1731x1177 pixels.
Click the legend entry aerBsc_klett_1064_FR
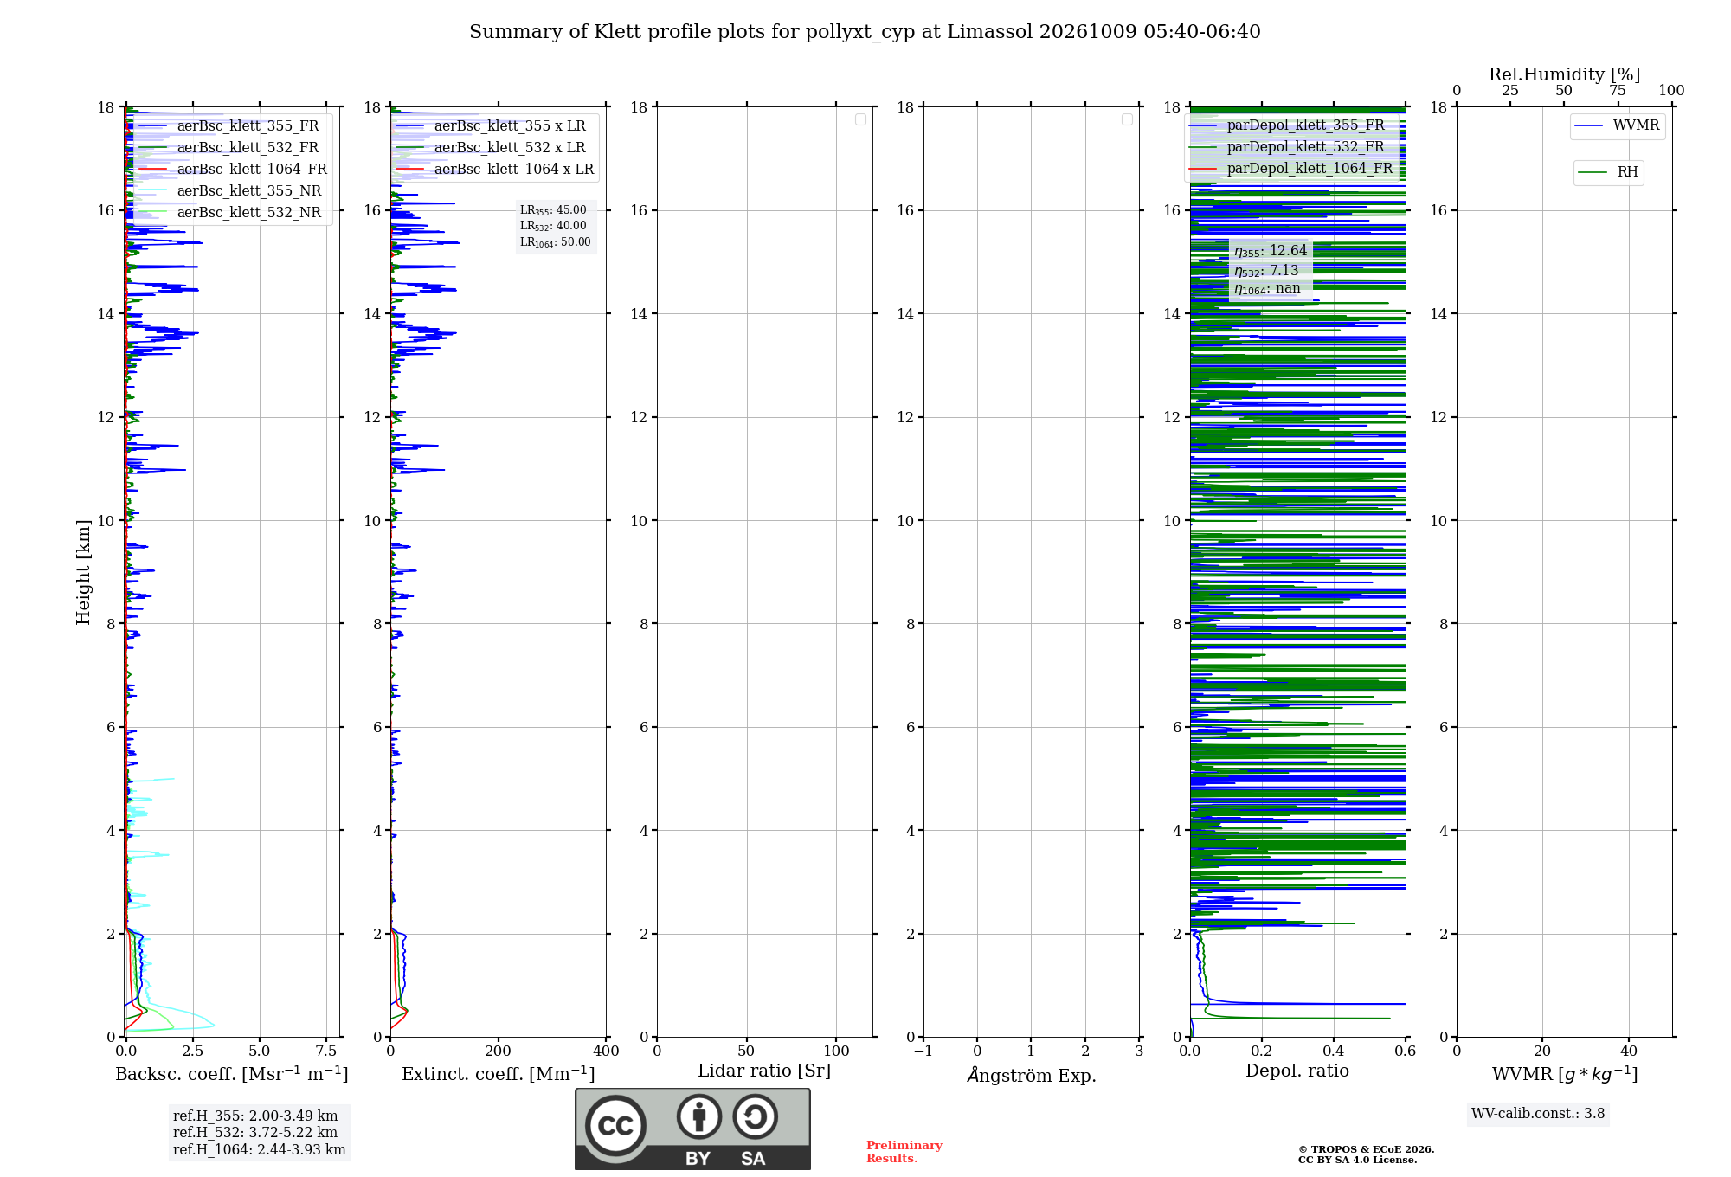point(232,170)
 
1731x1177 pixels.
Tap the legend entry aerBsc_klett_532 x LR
point(491,148)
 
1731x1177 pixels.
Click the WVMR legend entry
point(1617,125)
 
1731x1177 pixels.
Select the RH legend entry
point(1608,172)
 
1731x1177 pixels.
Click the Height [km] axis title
point(83,572)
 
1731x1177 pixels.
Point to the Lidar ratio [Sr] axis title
point(764,1071)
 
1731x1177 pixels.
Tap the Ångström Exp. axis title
point(1032,1075)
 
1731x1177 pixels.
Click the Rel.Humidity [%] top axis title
point(1565,74)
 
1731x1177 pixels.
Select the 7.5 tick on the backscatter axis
point(326,1052)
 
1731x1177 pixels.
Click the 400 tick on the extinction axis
point(606,1052)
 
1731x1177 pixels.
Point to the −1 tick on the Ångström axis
point(923,1052)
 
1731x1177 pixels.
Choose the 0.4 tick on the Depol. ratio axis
point(1334,1052)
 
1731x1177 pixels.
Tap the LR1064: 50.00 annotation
point(556,242)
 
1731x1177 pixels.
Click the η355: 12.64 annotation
point(1271,251)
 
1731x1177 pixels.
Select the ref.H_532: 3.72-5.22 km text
point(255,1133)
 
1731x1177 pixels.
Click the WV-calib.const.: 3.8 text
point(1538,1114)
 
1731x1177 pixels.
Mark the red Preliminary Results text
point(904,1152)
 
